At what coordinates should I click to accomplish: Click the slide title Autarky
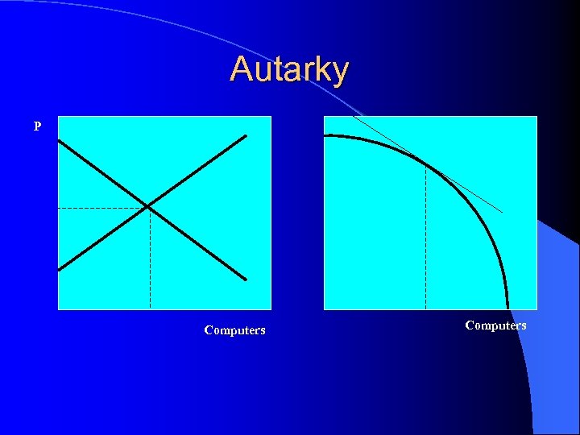289,69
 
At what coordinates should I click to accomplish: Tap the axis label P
38,126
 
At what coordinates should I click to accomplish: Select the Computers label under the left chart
234,330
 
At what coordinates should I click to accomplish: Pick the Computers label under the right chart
495,325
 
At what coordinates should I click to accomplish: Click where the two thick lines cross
149,208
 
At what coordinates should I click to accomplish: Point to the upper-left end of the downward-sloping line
59,143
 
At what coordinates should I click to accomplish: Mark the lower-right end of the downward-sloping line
245,279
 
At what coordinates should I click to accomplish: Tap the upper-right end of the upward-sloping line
245,135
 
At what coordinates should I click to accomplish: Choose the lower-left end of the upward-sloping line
59,269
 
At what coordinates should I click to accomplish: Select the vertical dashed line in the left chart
150,258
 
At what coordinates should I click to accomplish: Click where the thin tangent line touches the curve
425,164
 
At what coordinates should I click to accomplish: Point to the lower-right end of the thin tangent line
501,212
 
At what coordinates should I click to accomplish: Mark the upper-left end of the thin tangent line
354,118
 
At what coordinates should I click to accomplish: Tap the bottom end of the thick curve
507,308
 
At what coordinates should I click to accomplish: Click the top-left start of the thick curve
325,136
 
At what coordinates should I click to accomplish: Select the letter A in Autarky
239,69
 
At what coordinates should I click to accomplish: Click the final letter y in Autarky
340,72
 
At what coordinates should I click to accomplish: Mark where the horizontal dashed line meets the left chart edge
59,208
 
